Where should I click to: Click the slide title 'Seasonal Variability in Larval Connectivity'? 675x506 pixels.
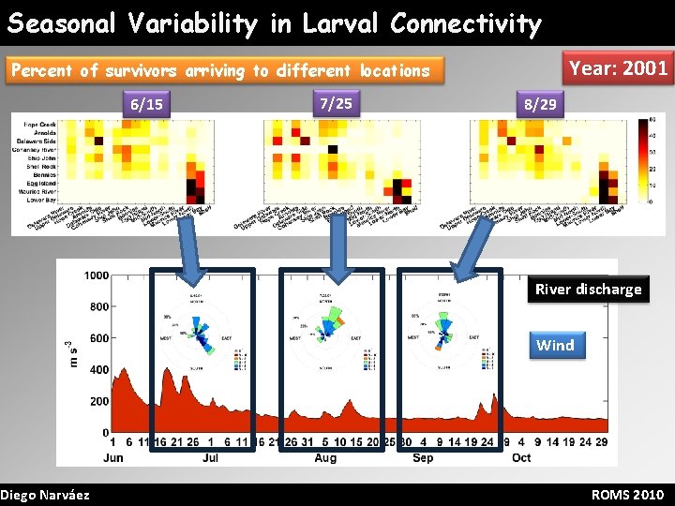(x=275, y=23)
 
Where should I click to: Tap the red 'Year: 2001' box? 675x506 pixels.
(x=619, y=67)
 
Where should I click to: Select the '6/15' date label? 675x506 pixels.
(x=147, y=104)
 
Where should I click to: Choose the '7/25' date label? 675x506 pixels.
(x=336, y=102)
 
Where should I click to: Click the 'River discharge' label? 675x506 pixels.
(x=588, y=289)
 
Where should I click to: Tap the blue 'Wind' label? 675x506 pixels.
(x=555, y=345)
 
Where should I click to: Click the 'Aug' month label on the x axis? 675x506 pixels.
(x=325, y=457)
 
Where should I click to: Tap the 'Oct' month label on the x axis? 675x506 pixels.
(x=521, y=457)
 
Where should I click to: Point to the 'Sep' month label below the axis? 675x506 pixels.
(x=423, y=457)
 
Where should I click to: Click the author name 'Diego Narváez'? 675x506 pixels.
(x=45, y=494)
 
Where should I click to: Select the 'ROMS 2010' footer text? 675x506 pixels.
(x=628, y=494)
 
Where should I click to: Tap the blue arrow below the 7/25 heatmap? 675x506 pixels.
(x=337, y=248)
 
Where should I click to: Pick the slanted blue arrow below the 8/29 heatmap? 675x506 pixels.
(x=471, y=248)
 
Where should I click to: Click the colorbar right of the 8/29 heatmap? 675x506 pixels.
(x=643, y=160)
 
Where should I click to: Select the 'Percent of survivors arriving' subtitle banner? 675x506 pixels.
(x=219, y=70)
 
